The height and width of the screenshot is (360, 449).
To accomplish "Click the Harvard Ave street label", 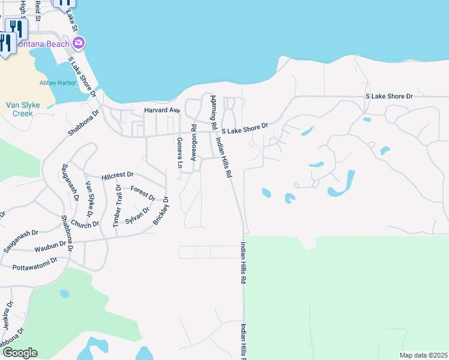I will [x=162, y=110].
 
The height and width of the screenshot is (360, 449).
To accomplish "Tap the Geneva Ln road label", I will [x=179, y=152].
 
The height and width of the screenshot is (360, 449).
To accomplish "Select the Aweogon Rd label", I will [x=193, y=143].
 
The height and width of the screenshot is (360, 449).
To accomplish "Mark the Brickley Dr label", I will [x=161, y=211].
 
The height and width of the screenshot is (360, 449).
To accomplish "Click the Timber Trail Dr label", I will [x=117, y=206].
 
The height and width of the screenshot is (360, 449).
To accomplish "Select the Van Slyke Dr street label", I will [x=89, y=199].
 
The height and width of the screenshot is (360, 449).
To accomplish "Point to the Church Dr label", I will [x=85, y=224].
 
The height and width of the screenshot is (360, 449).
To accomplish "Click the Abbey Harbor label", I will [x=55, y=82].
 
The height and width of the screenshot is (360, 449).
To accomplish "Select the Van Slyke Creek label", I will [x=23, y=109].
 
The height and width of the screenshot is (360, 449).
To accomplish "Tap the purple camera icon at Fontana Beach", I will [x=79, y=43].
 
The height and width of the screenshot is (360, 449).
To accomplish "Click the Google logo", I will [x=19, y=353].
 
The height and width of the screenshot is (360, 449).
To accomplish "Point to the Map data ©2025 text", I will [x=423, y=355].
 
